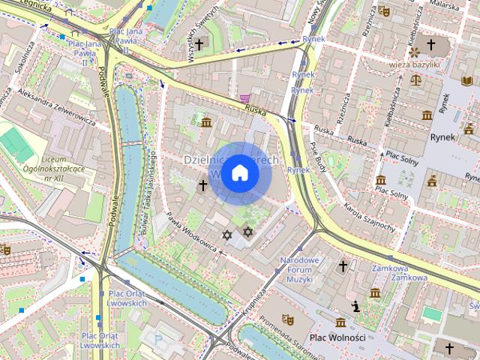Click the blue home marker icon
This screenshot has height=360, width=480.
(239, 173)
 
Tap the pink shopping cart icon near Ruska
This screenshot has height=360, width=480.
(244, 99)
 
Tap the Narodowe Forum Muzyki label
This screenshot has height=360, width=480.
(299, 269)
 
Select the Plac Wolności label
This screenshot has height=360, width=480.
(337, 337)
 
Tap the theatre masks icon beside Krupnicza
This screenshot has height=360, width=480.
(287, 318)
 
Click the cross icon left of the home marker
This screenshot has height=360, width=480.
(202, 184)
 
